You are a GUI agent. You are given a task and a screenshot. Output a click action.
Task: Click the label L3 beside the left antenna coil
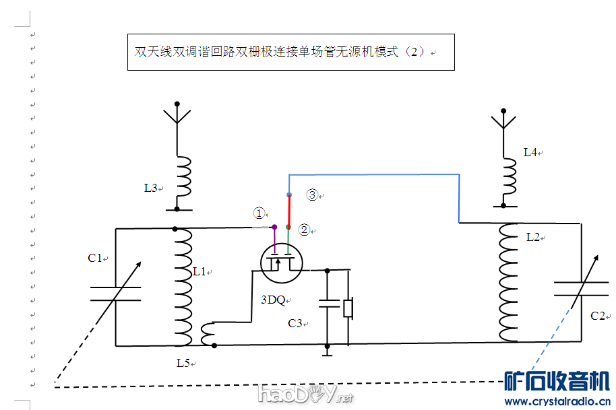click(x=151, y=188)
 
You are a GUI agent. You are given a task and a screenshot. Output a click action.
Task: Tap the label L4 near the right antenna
click(x=530, y=152)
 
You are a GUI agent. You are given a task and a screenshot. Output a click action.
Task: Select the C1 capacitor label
click(x=95, y=258)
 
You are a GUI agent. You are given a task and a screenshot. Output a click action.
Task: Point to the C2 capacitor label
click(x=598, y=316)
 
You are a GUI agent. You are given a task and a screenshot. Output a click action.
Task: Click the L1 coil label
click(x=199, y=272)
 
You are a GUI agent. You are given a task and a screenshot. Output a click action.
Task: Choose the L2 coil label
click(x=533, y=237)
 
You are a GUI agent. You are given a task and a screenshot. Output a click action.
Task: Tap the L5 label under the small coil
click(x=183, y=363)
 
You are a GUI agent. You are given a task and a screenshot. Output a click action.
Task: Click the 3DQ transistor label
click(x=273, y=300)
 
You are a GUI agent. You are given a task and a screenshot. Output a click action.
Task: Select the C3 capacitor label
click(x=295, y=323)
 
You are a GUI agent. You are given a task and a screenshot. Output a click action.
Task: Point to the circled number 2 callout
click(x=304, y=230)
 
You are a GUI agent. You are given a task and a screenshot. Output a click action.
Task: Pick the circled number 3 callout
click(x=312, y=195)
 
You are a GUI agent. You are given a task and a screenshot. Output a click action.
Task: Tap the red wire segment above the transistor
click(x=288, y=211)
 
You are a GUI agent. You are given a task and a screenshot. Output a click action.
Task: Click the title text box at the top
click(x=290, y=52)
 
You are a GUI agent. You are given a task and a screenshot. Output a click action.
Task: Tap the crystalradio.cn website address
click(x=557, y=401)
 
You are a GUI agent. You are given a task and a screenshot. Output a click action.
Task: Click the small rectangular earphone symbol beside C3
click(x=348, y=308)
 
